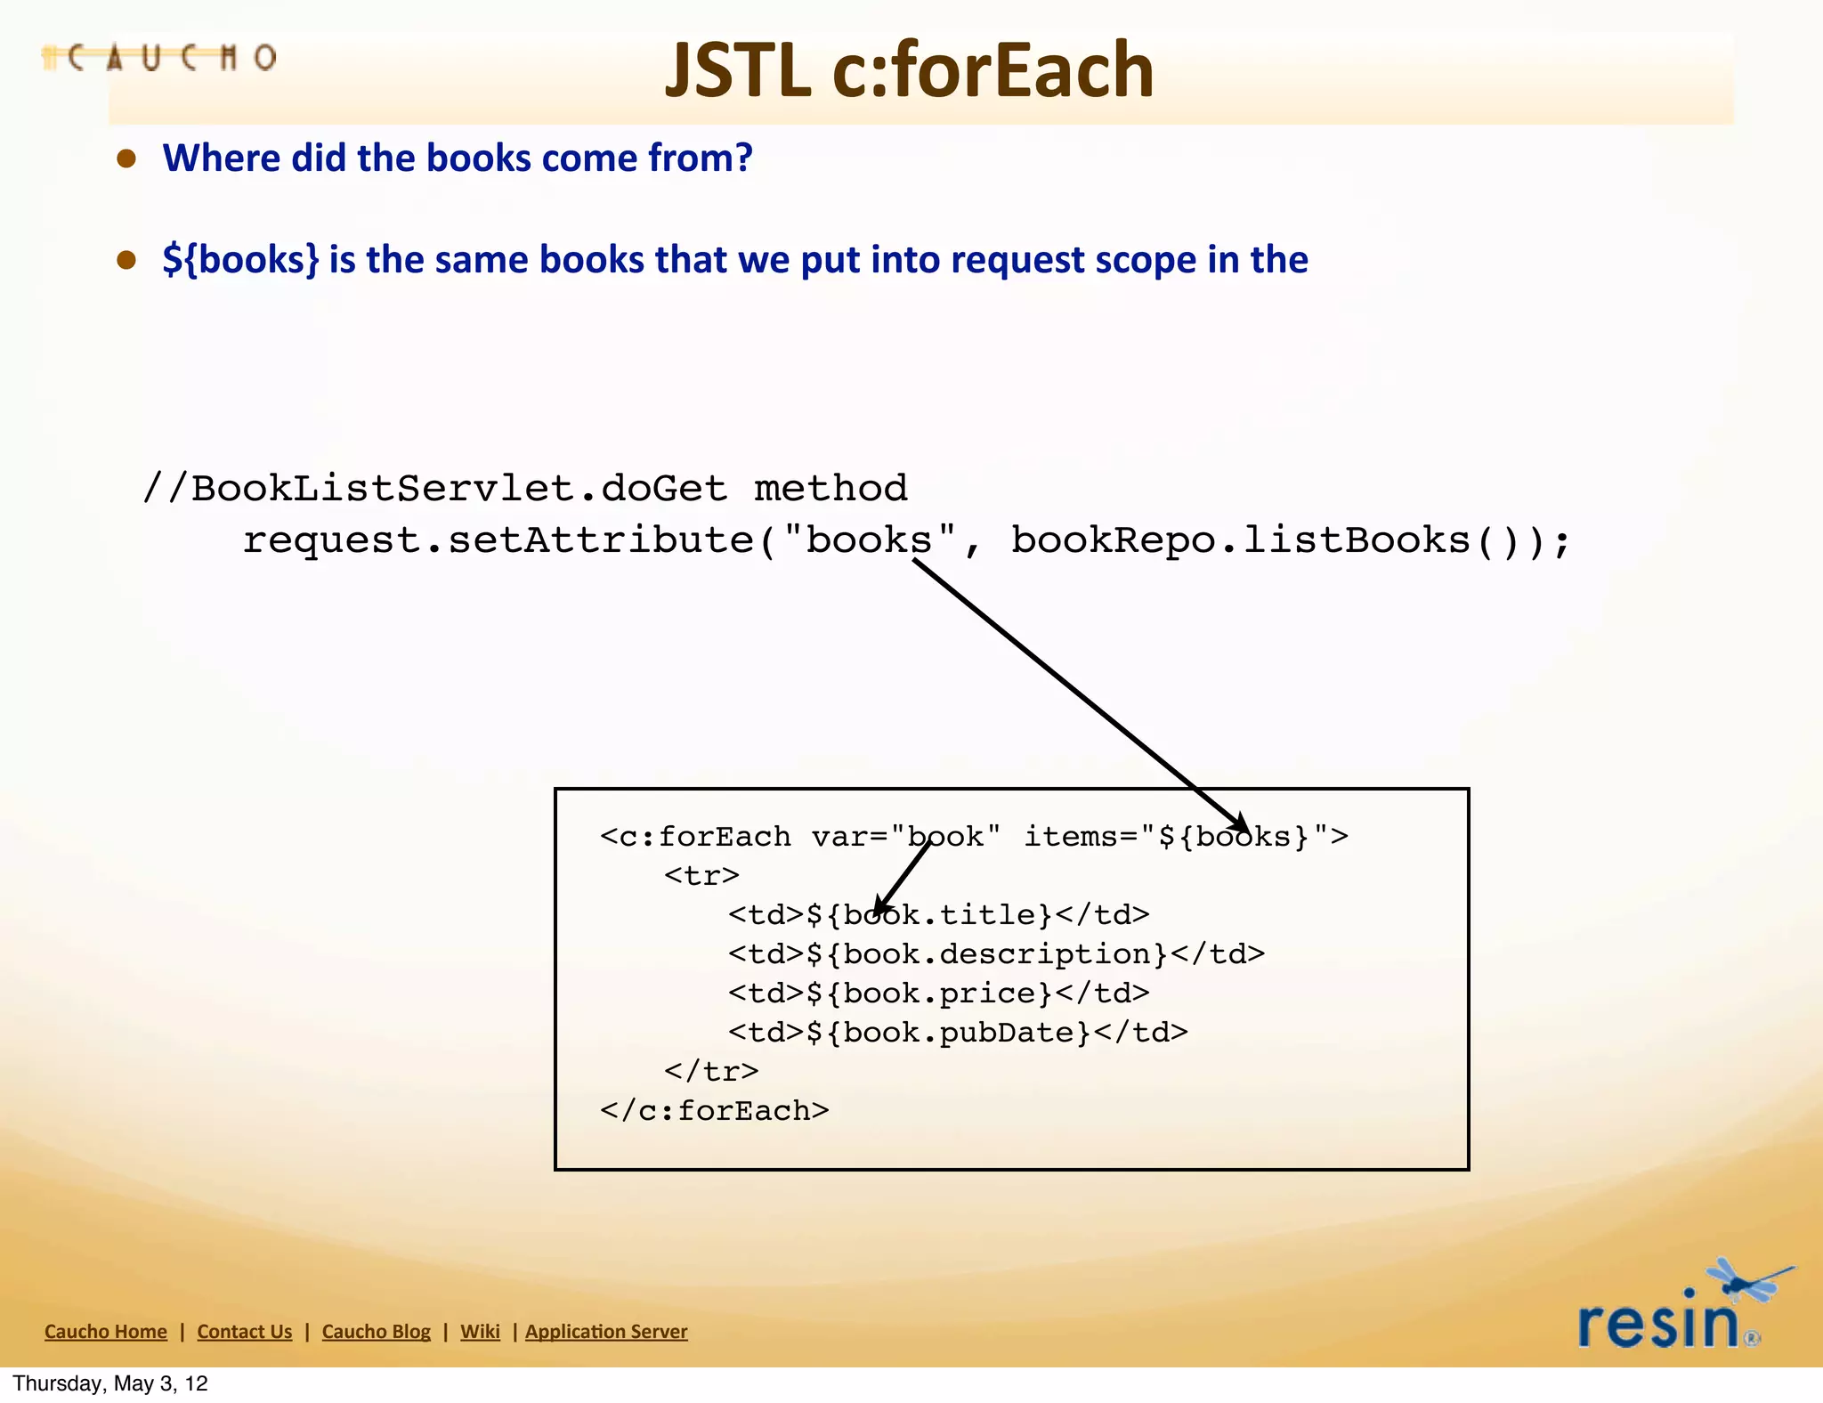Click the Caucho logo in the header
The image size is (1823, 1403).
click(x=160, y=58)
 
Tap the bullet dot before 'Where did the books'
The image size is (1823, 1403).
click(x=126, y=158)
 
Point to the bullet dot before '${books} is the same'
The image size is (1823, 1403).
click(x=126, y=260)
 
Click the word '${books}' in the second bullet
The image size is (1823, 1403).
click(x=240, y=260)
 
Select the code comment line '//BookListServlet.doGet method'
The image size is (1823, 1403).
click(x=525, y=488)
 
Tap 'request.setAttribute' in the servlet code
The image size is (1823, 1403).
click(x=498, y=540)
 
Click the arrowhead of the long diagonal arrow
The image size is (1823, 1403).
click(x=1240, y=823)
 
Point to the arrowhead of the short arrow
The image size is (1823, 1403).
click(x=880, y=907)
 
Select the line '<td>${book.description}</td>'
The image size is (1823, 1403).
click(x=996, y=954)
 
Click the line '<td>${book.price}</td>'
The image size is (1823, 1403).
click(x=938, y=993)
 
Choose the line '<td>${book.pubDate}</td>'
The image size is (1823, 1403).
click(x=958, y=1033)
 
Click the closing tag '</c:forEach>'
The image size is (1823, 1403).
click(x=714, y=1111)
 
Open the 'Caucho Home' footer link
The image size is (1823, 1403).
click(x=106, y=1332)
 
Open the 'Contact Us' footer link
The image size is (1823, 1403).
click(x=245, y=1332)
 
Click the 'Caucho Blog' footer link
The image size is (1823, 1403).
click(x=376, y=1332)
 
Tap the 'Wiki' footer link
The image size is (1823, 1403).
click(x=480, y=1332)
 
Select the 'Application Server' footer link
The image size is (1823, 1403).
click(x=606, y=1332)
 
